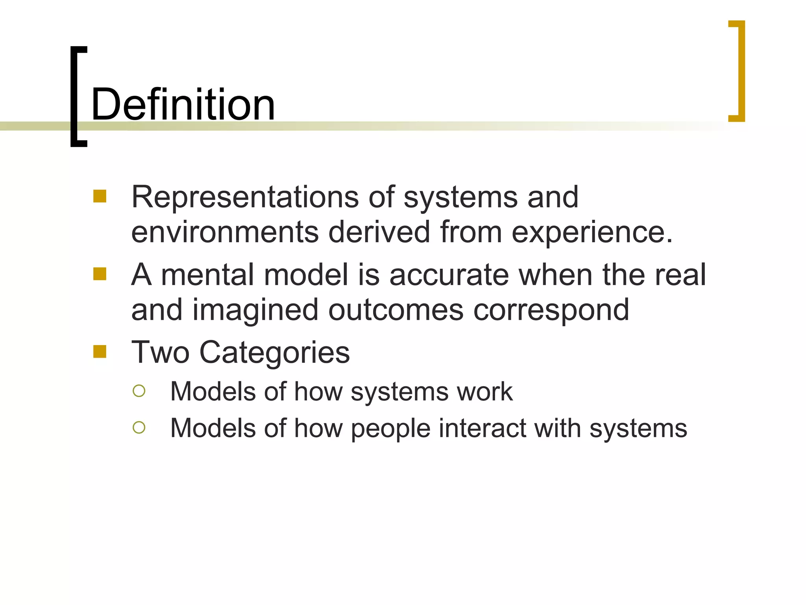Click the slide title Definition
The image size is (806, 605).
tap(183, 105)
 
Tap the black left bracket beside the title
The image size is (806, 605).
tap(74, 97)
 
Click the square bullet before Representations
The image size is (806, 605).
tap(100, 196)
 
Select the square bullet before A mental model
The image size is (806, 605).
tap(100, 274)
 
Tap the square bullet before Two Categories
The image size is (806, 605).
tap(100, 351)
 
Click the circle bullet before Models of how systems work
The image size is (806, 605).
tap(139, 391)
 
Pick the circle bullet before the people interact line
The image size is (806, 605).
tap(139, 427)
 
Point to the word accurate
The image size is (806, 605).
tap(449, 275)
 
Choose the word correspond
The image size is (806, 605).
tap(551, 310)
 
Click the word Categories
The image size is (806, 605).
tap(274, 352)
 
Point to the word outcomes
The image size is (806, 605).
tap(396, 310)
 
